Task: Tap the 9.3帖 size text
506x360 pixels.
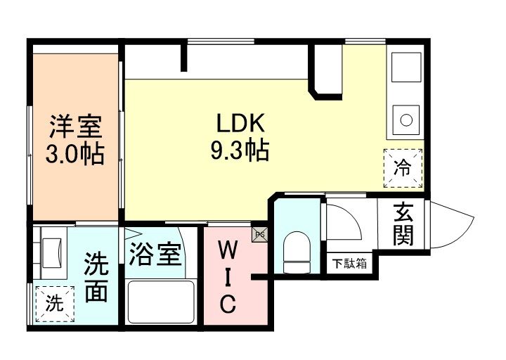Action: pos(239,150)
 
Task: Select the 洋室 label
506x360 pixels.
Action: pos(76,127)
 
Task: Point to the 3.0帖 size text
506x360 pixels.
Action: pos(76,153)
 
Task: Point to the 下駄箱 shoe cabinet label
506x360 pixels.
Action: pos(349,264)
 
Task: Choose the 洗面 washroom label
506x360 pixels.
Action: pos(96,277)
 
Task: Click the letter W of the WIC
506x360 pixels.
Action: pos(228,250)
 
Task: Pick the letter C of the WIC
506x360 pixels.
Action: pos(228,305)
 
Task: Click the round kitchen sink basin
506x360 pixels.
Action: pos(406,120)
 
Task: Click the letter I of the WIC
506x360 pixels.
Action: pos(228,278)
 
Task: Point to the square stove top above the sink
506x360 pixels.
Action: pos(406,68)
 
